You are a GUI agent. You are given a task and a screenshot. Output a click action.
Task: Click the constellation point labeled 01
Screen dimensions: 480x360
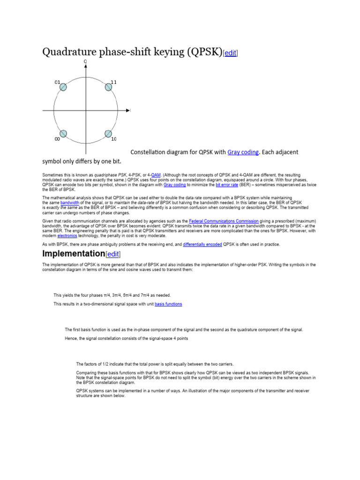[x=63, y=87]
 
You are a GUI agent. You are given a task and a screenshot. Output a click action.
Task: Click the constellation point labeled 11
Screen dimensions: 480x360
[x=108, y=87]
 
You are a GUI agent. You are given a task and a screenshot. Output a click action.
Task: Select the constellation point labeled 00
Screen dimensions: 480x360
[x=63, y=134]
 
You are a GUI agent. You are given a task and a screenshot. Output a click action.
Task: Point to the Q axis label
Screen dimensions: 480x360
[x=85, y=61]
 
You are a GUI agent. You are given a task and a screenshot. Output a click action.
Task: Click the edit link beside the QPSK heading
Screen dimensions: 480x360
[x=230, y=53]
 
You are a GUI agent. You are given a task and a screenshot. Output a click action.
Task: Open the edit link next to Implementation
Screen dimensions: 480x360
[x=113, y=254]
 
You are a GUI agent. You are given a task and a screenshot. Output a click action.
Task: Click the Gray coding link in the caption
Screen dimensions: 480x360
[x=243, y=152]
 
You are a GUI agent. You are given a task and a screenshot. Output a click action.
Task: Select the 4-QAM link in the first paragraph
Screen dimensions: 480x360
[x=156, y=175]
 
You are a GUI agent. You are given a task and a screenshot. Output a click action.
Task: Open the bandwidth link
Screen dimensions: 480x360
[x=70, y=202]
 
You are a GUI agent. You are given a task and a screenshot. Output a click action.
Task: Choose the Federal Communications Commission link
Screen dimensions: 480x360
[x=224, y=221]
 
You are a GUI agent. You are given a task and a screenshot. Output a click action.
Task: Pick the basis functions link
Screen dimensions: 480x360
[x=168, y=304]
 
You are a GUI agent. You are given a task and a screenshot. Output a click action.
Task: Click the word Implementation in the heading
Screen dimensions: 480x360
[x=73, y=254]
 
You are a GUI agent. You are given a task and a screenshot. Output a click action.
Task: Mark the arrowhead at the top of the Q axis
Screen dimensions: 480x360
[x=85, y=66]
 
